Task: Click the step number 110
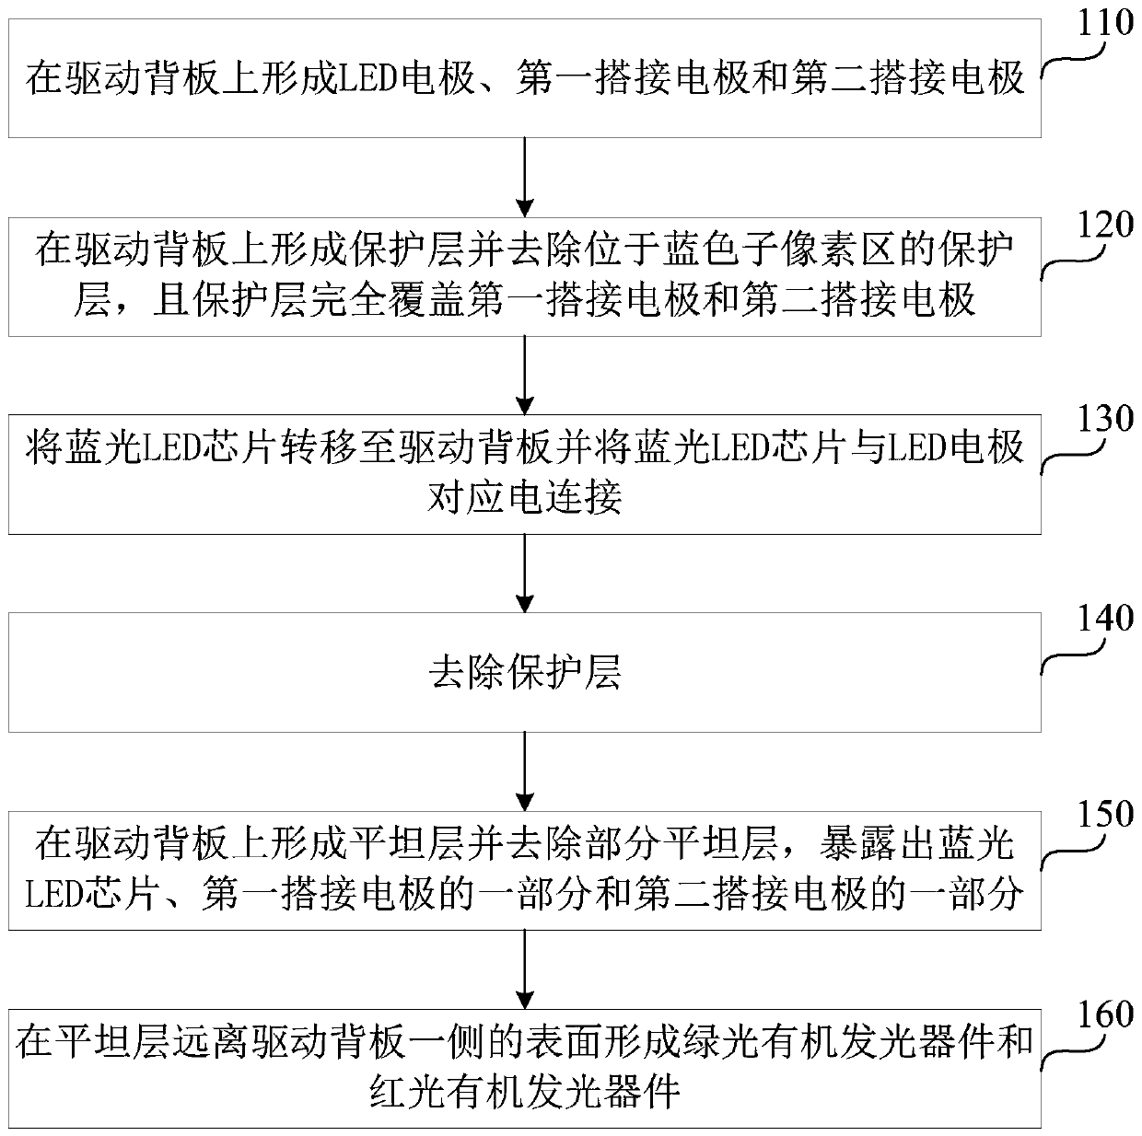[1104, 22]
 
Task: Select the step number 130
[1104, 420]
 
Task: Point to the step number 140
[1104, 618]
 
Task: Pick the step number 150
[1104, 815]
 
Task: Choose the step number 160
[1104, 1014]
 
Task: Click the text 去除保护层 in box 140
[525, 674]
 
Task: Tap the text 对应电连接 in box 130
[525, 498]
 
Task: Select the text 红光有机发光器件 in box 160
[525, 1092]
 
